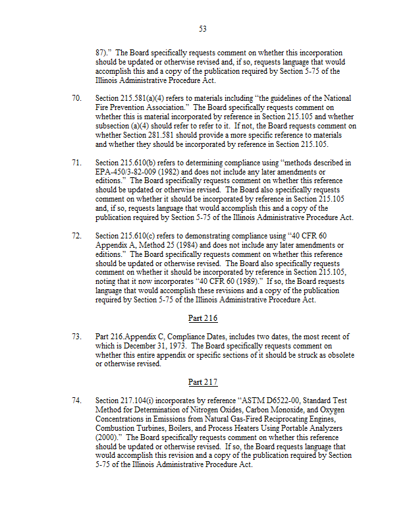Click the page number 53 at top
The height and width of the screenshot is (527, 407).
203,28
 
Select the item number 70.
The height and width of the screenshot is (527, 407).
76,97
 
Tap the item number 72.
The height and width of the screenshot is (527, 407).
76,235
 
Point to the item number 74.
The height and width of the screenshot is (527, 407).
76,401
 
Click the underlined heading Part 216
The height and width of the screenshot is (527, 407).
203,318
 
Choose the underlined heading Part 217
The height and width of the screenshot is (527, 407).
203,382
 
